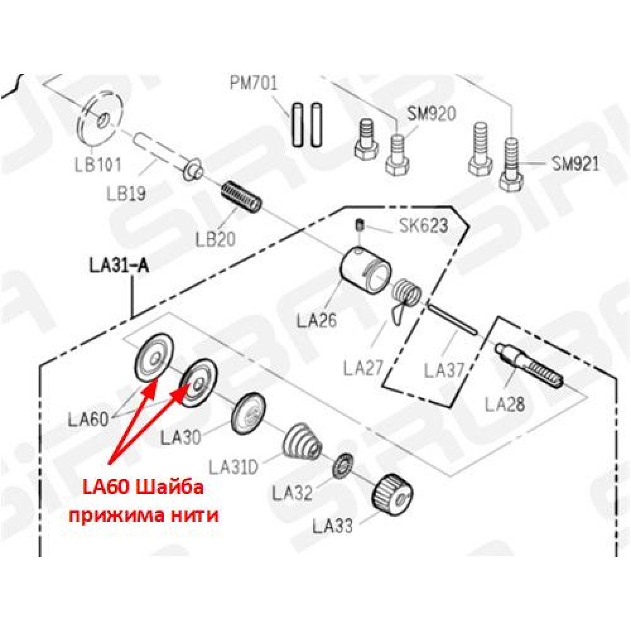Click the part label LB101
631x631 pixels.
(98, 165)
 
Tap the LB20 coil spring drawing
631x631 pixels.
(242, 196)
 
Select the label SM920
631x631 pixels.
(432, 114)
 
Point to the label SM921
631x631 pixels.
(575, 164)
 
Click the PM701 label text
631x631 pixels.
(254, 83)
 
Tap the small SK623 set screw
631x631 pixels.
(360, 225)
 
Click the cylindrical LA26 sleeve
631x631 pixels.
(365, 271)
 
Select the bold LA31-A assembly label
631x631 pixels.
(119, 266)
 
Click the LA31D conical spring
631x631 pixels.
(304, 442)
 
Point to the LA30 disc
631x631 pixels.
(249, 414)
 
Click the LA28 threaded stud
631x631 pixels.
(529, 365)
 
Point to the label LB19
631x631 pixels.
(126, 194)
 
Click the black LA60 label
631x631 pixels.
(88, 420)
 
